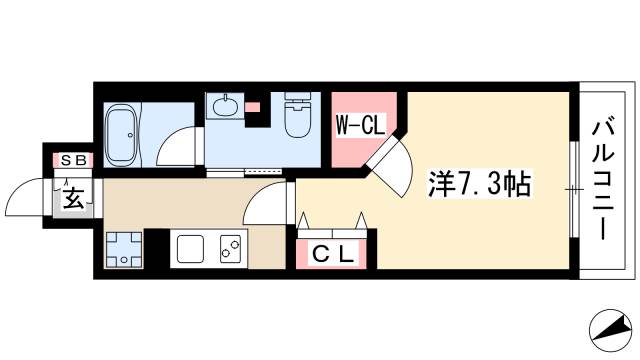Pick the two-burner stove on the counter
[x=230, y=248]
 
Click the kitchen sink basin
[x=190, y=248]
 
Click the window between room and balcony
[x=573, y=187]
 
